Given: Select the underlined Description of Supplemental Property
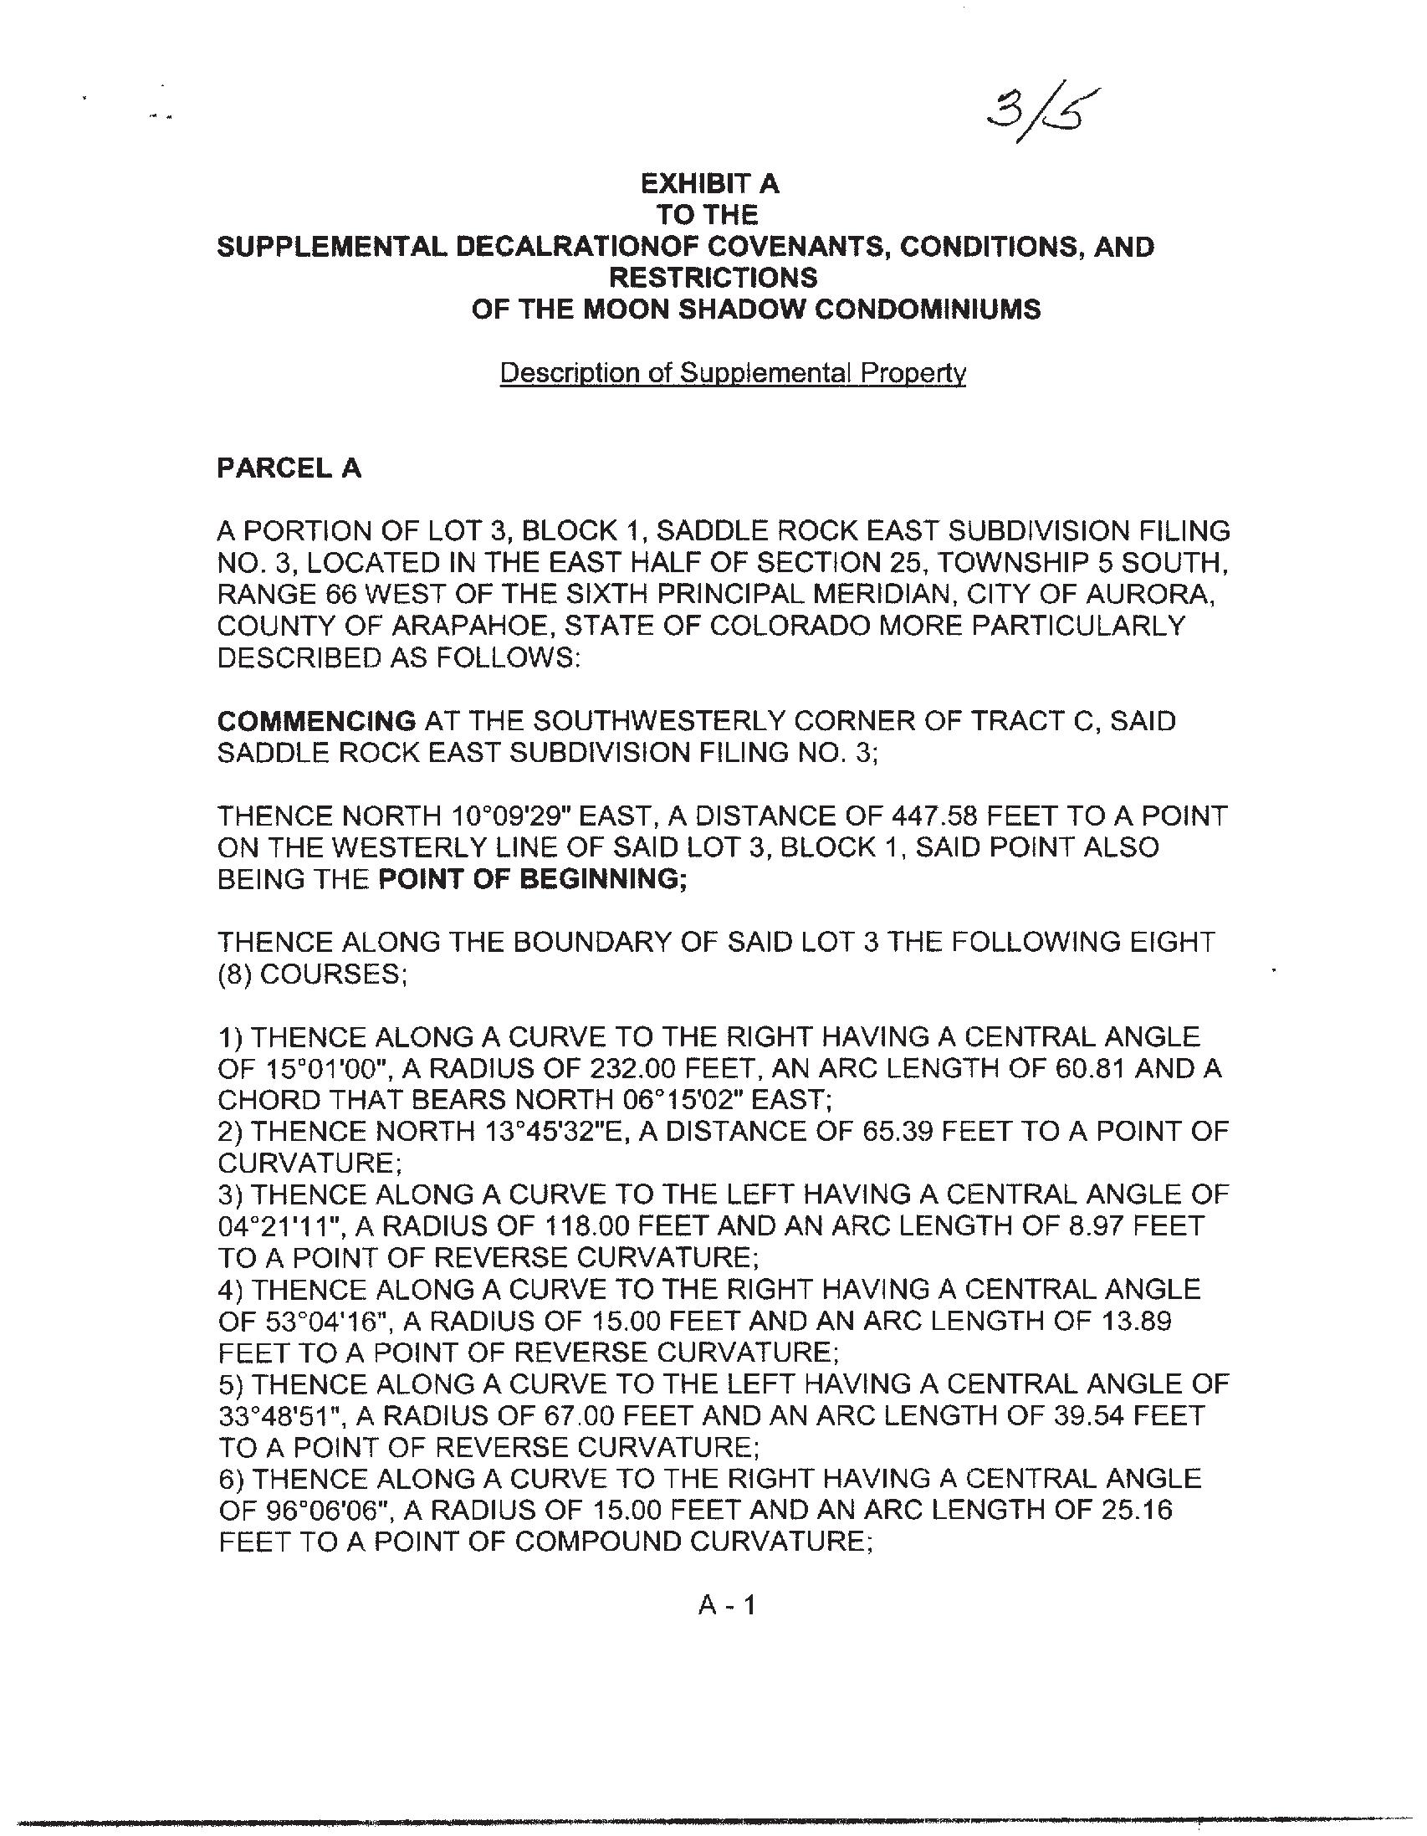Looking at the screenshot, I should click(733, 372).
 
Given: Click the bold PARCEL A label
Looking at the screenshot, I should click(289, 468).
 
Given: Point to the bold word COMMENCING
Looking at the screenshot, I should click(316, 720).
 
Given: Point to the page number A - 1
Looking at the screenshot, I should click(728, 1606).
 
